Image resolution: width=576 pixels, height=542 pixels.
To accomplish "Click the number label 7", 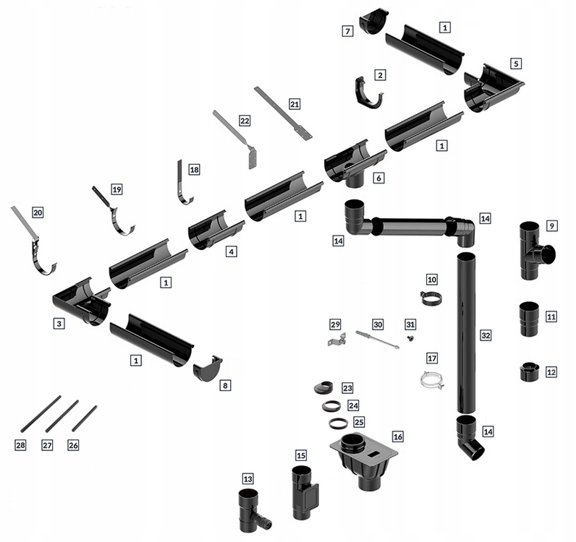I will tap(347, 31).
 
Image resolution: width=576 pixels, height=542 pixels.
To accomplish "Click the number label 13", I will tap(248, 478).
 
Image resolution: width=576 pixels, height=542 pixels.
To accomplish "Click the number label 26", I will tap(73, 445).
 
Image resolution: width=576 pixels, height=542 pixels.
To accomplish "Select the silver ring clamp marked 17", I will tap(433, 379).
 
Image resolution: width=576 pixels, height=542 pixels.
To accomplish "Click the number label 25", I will tap(358, 422).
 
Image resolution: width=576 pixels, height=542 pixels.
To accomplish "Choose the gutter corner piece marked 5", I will tap(492, 87).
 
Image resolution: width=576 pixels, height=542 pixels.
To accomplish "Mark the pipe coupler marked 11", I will tap(528, 319).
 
